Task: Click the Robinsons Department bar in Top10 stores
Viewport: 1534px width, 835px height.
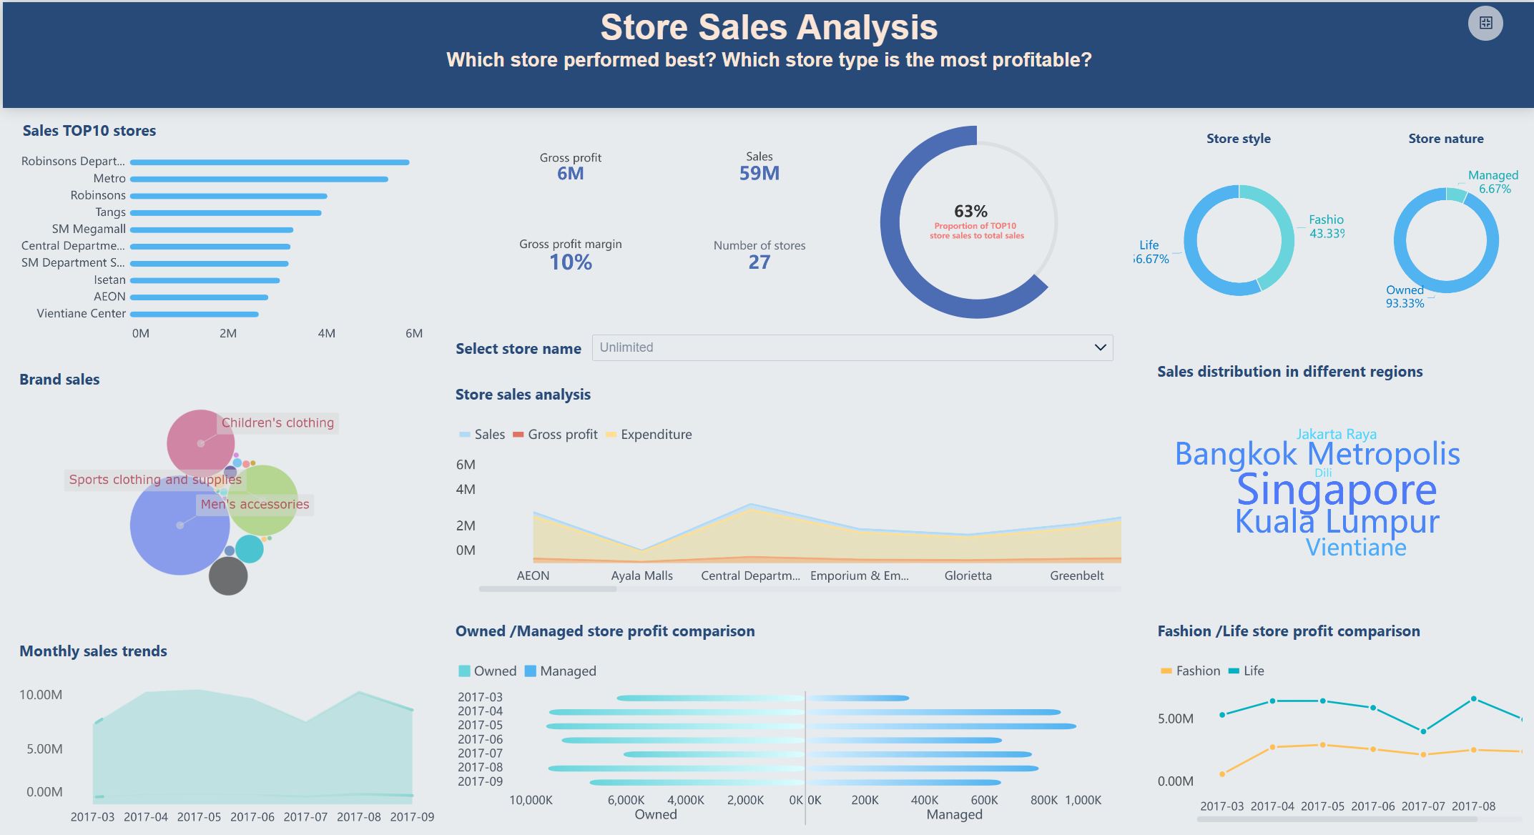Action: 270,162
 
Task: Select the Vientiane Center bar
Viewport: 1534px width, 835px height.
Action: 194,314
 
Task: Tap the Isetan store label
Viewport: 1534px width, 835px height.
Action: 109,280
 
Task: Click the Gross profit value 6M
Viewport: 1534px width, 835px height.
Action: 570,174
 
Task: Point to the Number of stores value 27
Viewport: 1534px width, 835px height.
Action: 759,262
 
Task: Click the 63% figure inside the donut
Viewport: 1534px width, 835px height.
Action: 970,212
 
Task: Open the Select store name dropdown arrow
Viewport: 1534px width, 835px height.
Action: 1100,347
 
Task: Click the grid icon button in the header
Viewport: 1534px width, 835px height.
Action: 1485,23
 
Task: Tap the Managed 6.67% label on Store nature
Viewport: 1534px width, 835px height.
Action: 1493,182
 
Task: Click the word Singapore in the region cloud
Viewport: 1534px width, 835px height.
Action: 1336,490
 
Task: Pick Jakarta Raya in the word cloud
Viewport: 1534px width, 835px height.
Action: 1336,434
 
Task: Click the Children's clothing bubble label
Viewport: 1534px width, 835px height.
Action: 277,423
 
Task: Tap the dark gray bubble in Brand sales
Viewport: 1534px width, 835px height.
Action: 228,576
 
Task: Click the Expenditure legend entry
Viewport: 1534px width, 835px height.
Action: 656,435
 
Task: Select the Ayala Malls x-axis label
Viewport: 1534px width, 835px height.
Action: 641,575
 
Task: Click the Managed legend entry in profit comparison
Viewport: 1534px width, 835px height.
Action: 568,671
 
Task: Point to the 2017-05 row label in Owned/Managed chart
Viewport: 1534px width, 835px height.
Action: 480,725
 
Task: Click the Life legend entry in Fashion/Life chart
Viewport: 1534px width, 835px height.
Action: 1253,671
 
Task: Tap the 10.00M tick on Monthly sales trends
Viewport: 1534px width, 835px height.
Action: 41,695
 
